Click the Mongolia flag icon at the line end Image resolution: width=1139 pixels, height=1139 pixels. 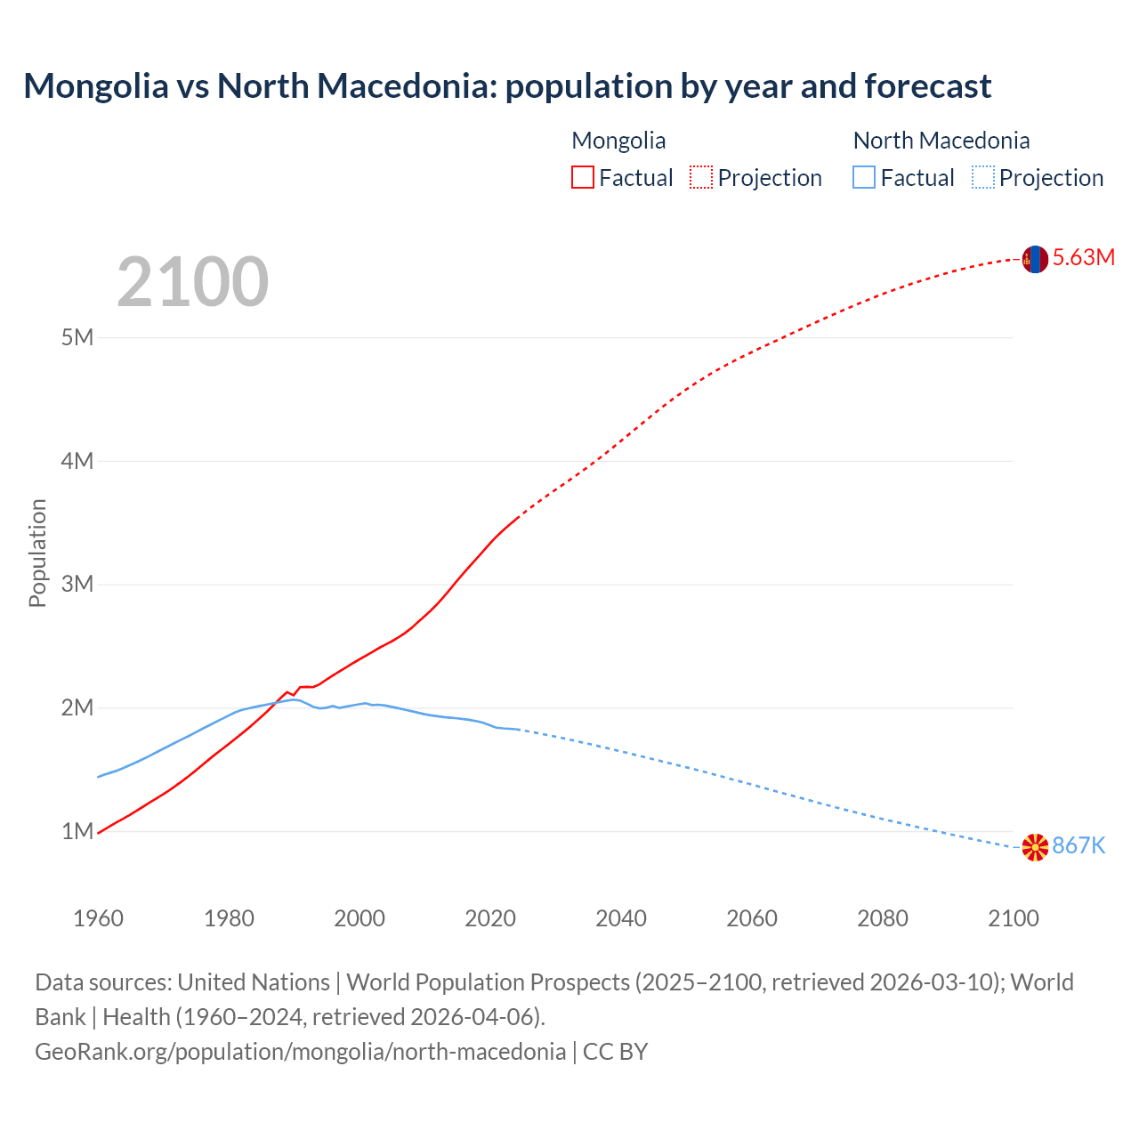pos(1035,259)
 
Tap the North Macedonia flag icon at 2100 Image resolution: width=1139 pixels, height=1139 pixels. pos(1035,847)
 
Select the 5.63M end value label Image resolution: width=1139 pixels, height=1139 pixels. pos(1083,258)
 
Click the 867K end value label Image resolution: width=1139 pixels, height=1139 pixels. pos(1078,846)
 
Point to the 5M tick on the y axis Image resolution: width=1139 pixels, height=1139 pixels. pos(77,338)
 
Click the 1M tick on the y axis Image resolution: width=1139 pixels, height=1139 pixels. pos(77,832)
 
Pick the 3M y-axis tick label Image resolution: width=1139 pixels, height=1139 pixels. pos(77,585)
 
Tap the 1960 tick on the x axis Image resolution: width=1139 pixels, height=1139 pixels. pos(98,918)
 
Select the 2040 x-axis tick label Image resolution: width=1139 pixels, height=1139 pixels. pos(621,918)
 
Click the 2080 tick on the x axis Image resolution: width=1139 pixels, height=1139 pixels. pos(883,918)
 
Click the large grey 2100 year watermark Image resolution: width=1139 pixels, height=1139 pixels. pos(192,282)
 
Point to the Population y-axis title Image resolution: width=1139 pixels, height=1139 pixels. pos(37,553)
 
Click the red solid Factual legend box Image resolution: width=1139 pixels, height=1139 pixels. pos(582,178)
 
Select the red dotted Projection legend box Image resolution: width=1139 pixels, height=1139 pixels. pos(700,178)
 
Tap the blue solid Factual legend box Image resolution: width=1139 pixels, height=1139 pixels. pos(863,178)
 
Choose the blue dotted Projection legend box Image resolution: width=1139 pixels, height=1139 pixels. pos(982,178)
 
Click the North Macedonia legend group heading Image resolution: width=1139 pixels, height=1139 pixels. pos(941,141)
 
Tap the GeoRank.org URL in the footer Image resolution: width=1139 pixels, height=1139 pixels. pos(300,1052)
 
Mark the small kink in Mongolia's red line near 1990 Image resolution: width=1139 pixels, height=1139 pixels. pos(293,693)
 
